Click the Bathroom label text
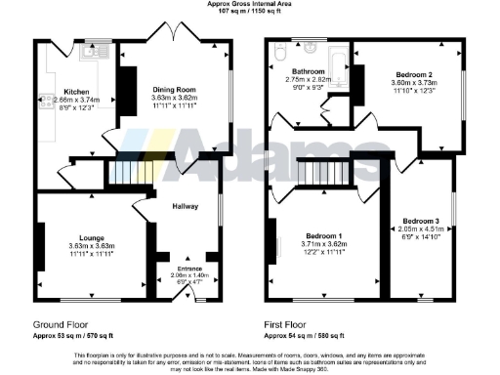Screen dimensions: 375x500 (304, 71)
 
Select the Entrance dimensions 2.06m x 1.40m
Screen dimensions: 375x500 (186, 275)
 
